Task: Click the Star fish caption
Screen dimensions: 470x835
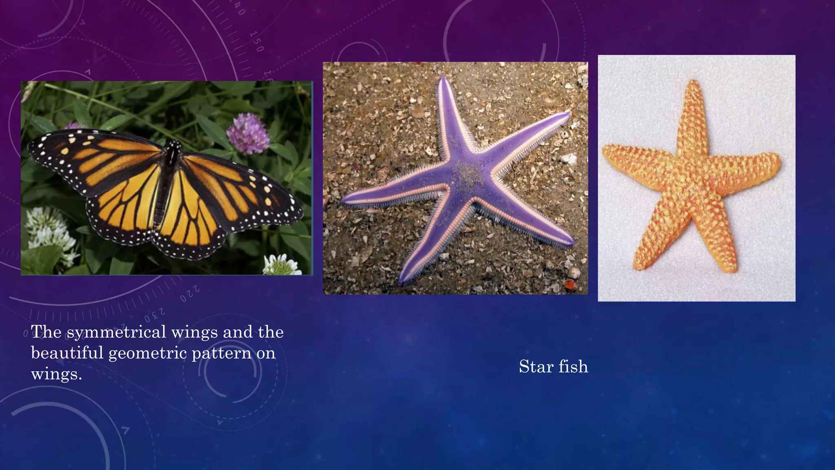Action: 553,367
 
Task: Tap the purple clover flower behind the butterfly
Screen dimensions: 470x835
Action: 247,133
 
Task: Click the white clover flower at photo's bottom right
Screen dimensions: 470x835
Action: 281,265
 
